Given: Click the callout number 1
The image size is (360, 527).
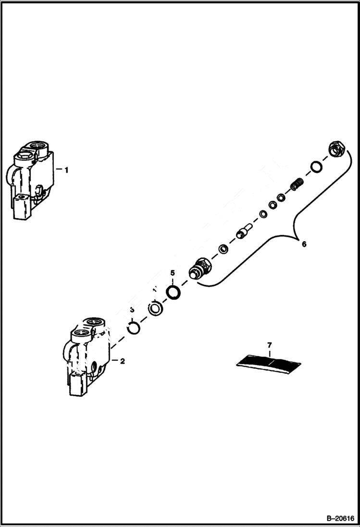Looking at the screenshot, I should (67, 170).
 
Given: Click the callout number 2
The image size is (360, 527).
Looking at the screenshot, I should (122, 361).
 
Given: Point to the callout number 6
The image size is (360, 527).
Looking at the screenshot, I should (303, 244).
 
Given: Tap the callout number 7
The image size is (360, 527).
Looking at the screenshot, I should (270, 345).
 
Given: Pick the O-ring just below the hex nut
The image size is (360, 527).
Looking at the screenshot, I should (316, 167).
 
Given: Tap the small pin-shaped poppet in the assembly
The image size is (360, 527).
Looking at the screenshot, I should (243, 233).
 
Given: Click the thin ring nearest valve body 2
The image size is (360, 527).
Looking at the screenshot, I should (134, 328).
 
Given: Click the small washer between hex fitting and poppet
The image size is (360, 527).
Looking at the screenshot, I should (223, 249).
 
